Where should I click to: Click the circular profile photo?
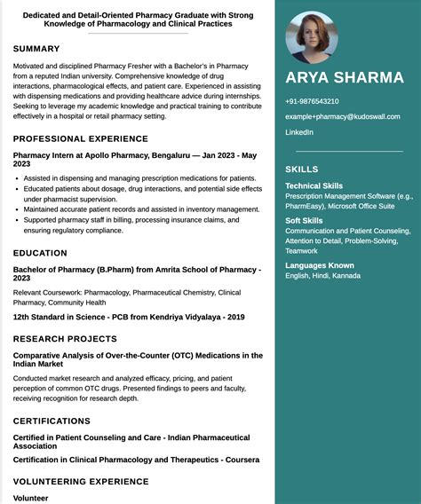click(x=311, y=37)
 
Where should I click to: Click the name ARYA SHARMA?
click(x=345, y=77)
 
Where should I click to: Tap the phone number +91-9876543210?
click(x=312, y=101)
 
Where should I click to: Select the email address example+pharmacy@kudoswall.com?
click(x=342, y=116)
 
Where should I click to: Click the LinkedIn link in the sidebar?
click(x=299, y=132)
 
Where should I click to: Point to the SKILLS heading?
click(x=301, y=169)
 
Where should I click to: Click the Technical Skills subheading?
click(x=314, y=185)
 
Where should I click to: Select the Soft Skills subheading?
click(x=304, y=220)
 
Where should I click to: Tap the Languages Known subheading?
click(x=319, y=265)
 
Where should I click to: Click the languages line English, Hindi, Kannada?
click(x=322, y=276)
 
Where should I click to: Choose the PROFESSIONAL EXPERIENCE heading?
click(x=81, y=138)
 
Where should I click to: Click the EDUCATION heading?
click(x=40, y=253)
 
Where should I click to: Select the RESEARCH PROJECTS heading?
click(x=65, y=339)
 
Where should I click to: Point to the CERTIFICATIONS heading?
click(x=52, y=421)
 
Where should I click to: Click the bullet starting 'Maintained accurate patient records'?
click(x=141, y=209)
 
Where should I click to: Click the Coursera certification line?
click(x=136, y=460)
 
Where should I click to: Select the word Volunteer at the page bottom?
click(x=30, y=498)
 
